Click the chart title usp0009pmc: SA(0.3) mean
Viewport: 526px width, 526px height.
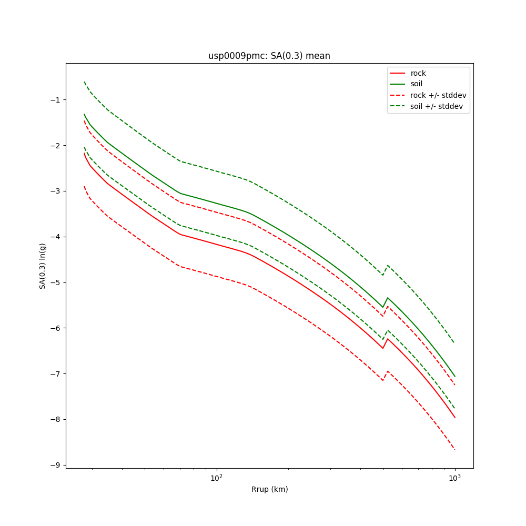[269, 56]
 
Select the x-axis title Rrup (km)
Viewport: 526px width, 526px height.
[269, 489]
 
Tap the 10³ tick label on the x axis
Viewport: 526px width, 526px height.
[454, 478]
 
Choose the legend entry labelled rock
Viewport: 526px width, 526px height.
[418, 73]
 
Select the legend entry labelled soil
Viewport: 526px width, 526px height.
[417, 84]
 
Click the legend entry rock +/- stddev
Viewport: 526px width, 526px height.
[438, 95]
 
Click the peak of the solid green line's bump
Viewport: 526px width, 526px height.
[388, 298]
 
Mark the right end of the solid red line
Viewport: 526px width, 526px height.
[454, 418]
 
